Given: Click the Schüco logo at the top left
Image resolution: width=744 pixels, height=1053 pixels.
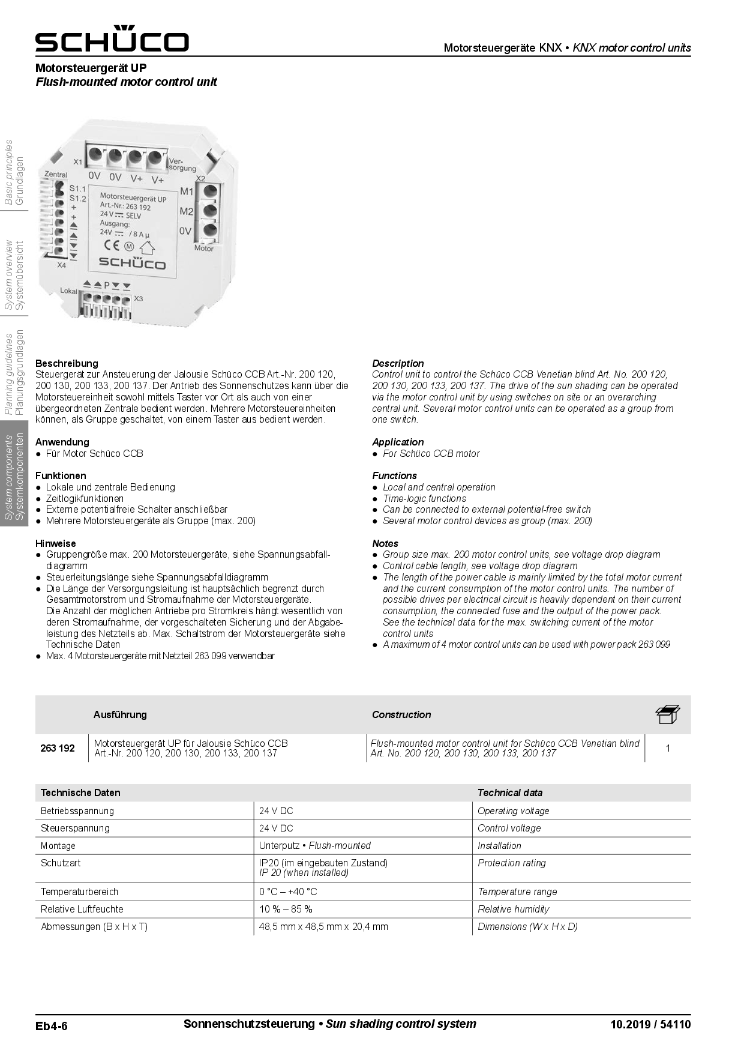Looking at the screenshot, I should point(112,39).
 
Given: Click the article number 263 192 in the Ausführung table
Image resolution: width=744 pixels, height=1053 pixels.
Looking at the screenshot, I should point(58,748).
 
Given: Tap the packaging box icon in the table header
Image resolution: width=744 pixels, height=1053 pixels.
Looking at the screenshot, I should point(667,714).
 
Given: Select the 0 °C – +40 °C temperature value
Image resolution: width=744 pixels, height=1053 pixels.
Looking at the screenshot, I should point(288,892).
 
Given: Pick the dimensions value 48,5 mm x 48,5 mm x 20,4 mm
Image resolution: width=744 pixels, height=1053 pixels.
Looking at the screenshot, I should point(323,926).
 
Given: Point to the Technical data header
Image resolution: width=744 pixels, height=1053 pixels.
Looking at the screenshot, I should point(509,792).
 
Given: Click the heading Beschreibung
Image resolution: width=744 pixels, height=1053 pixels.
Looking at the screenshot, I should point(67,363).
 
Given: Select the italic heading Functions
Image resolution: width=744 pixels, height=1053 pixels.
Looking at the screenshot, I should point(394,475).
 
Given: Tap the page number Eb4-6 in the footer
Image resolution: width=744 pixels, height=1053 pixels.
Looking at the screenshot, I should point(52,1025).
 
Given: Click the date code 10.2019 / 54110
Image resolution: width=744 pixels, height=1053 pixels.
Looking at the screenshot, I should point(650,1024).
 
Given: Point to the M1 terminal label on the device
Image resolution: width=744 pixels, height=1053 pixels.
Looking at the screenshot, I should point(187,192).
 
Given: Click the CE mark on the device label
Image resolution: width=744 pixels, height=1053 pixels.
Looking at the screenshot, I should point(112,244).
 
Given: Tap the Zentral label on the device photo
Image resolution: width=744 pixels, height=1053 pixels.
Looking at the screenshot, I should point(56,174).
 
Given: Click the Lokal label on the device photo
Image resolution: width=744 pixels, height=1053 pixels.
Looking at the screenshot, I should point(69,291).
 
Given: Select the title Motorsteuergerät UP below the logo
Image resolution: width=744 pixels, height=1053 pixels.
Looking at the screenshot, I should point(91,68).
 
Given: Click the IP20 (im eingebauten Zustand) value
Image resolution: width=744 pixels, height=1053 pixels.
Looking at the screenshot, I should point(323,863).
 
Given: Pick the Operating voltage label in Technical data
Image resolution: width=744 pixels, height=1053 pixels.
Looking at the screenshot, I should point(513,810).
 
